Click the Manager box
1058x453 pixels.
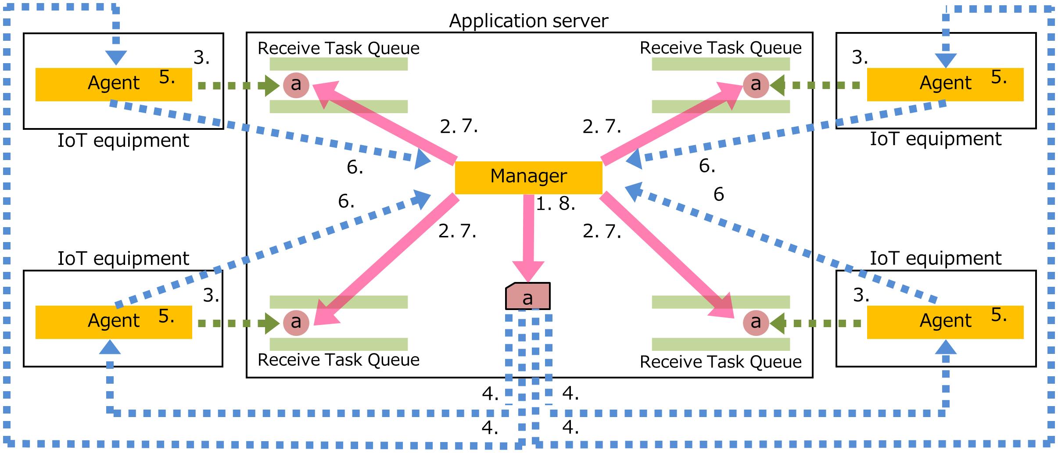[528, 177]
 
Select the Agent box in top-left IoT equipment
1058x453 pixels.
[113, 84]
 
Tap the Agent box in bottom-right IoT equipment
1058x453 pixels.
[945, 322]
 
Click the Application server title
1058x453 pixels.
[528, 21]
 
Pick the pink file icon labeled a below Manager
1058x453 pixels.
[528, 297]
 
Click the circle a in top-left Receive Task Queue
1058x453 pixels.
[296, 84]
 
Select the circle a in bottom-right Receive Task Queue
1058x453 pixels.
[756, 322]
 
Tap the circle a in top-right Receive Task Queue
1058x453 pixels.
[756, 84]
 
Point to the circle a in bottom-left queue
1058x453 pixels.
[296, 322]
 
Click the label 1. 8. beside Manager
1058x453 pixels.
[555, 204]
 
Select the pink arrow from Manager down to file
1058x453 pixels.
[528, 237]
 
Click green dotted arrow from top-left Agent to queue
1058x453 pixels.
[237, 85]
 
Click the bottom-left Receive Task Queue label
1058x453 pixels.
[338, 360]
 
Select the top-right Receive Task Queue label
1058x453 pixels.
[721, 48]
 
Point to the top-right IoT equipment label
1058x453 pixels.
[936, 139]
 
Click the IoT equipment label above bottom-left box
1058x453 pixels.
[123, 258]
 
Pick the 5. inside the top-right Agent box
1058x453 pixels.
[999, 77]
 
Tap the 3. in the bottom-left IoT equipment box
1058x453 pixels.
[211, 296]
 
